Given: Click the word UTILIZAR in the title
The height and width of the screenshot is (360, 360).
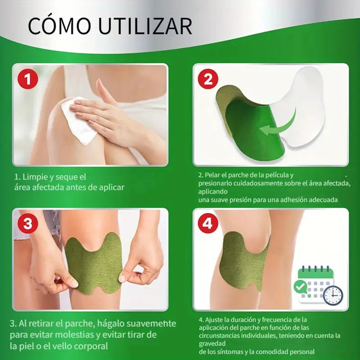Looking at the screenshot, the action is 145,26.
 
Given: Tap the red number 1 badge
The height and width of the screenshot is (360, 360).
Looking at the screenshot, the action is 28,79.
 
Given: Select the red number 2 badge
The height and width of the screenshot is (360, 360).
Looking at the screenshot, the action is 208,79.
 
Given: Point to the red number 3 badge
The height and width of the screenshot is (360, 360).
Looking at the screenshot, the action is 28,223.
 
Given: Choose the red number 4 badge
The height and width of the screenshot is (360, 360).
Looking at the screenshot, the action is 208,223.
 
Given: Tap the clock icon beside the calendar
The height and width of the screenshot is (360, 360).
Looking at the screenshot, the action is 333,296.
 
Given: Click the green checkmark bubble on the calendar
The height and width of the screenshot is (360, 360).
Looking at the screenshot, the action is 301,287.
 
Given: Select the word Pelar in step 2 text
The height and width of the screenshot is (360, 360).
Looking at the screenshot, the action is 211,175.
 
